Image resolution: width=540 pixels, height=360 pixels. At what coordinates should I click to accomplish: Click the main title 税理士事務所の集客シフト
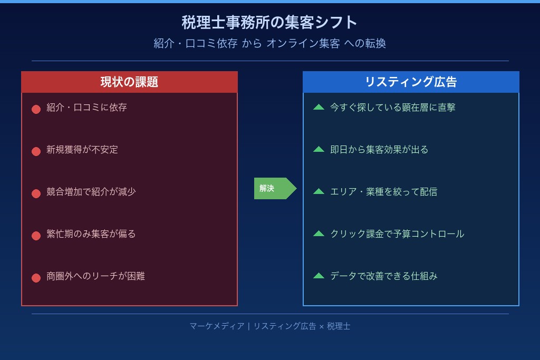tap(269, 23)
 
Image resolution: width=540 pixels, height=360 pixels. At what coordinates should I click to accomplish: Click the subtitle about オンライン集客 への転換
tap(269, 43)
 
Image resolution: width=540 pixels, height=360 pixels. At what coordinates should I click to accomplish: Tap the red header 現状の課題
tap(129, 82)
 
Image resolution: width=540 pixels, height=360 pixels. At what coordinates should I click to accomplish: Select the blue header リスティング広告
tap(411, 82)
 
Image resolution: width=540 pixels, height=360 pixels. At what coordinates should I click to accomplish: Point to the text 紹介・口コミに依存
tap(86, 108)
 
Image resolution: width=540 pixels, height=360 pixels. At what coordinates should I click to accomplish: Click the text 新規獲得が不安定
tap(82, 150)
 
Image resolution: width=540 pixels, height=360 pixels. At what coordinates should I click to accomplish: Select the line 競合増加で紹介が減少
tap(91, 192)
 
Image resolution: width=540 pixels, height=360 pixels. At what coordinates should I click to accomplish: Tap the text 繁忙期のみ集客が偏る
tap(91, 234)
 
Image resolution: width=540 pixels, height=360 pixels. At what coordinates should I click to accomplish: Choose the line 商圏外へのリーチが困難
tap(95, 276)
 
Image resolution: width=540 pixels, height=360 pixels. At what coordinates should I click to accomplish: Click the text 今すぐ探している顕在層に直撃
tap(392, 108)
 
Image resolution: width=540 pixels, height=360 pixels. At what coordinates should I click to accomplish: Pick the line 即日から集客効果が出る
tap(379, 150)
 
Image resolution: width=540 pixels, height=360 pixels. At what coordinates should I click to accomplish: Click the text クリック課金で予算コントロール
tap(397, 234)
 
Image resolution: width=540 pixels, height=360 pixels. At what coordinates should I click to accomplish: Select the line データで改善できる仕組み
tap(383, 276)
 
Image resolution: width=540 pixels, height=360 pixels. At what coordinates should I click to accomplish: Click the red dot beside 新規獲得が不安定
tap(36, 151)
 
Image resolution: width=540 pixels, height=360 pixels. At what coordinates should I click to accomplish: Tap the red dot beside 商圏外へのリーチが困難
tap(36, 278)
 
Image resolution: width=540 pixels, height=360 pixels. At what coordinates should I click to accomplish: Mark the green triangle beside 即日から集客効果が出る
tap(319, 149)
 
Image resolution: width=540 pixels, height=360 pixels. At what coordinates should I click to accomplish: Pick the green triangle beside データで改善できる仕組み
tap(319, 276)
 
